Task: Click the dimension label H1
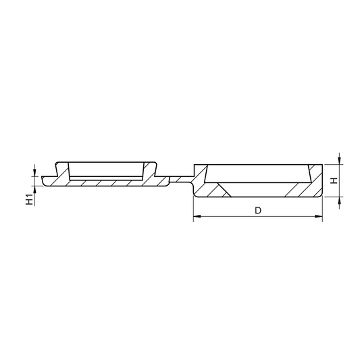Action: click(30, 199)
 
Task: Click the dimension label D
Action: click(258, 210)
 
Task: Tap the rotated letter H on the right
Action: click(334, 181)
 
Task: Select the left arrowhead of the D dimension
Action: click(197, 216)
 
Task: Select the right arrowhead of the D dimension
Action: click(319, 216)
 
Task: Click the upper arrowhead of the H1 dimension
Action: click(34, 172)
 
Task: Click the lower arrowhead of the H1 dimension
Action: click(34, 190)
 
